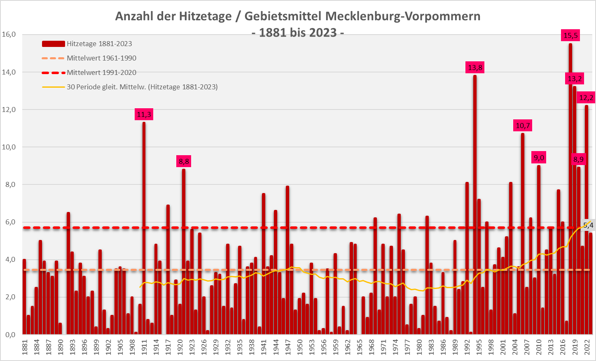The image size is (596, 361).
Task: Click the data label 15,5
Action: [x=570, y=35]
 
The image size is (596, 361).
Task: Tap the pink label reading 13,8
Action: [x=475, y=68]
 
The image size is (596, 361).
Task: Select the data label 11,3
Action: [x=144, y=114]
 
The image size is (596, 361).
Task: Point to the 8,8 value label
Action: [x=184, y=161]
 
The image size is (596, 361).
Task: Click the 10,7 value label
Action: [x=523, y=126]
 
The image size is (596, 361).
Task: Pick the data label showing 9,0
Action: [x=539, y=158]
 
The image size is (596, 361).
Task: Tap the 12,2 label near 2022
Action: [x=586, y=98]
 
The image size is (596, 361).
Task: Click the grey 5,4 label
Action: [x=588, y=225]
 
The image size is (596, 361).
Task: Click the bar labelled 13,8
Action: [x=475, y=206]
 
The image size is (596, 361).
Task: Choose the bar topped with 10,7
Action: [x=523, y=235]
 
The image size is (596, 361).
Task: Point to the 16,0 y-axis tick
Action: [x=9, y=35]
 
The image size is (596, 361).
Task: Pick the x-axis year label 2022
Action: [x=587, y=347]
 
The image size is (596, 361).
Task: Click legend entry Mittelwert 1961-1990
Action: [x=101, y=58]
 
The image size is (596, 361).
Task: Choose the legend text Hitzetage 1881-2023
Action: [x=99, y=44]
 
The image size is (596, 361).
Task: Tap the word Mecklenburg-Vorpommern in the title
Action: [x=402, y=16]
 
